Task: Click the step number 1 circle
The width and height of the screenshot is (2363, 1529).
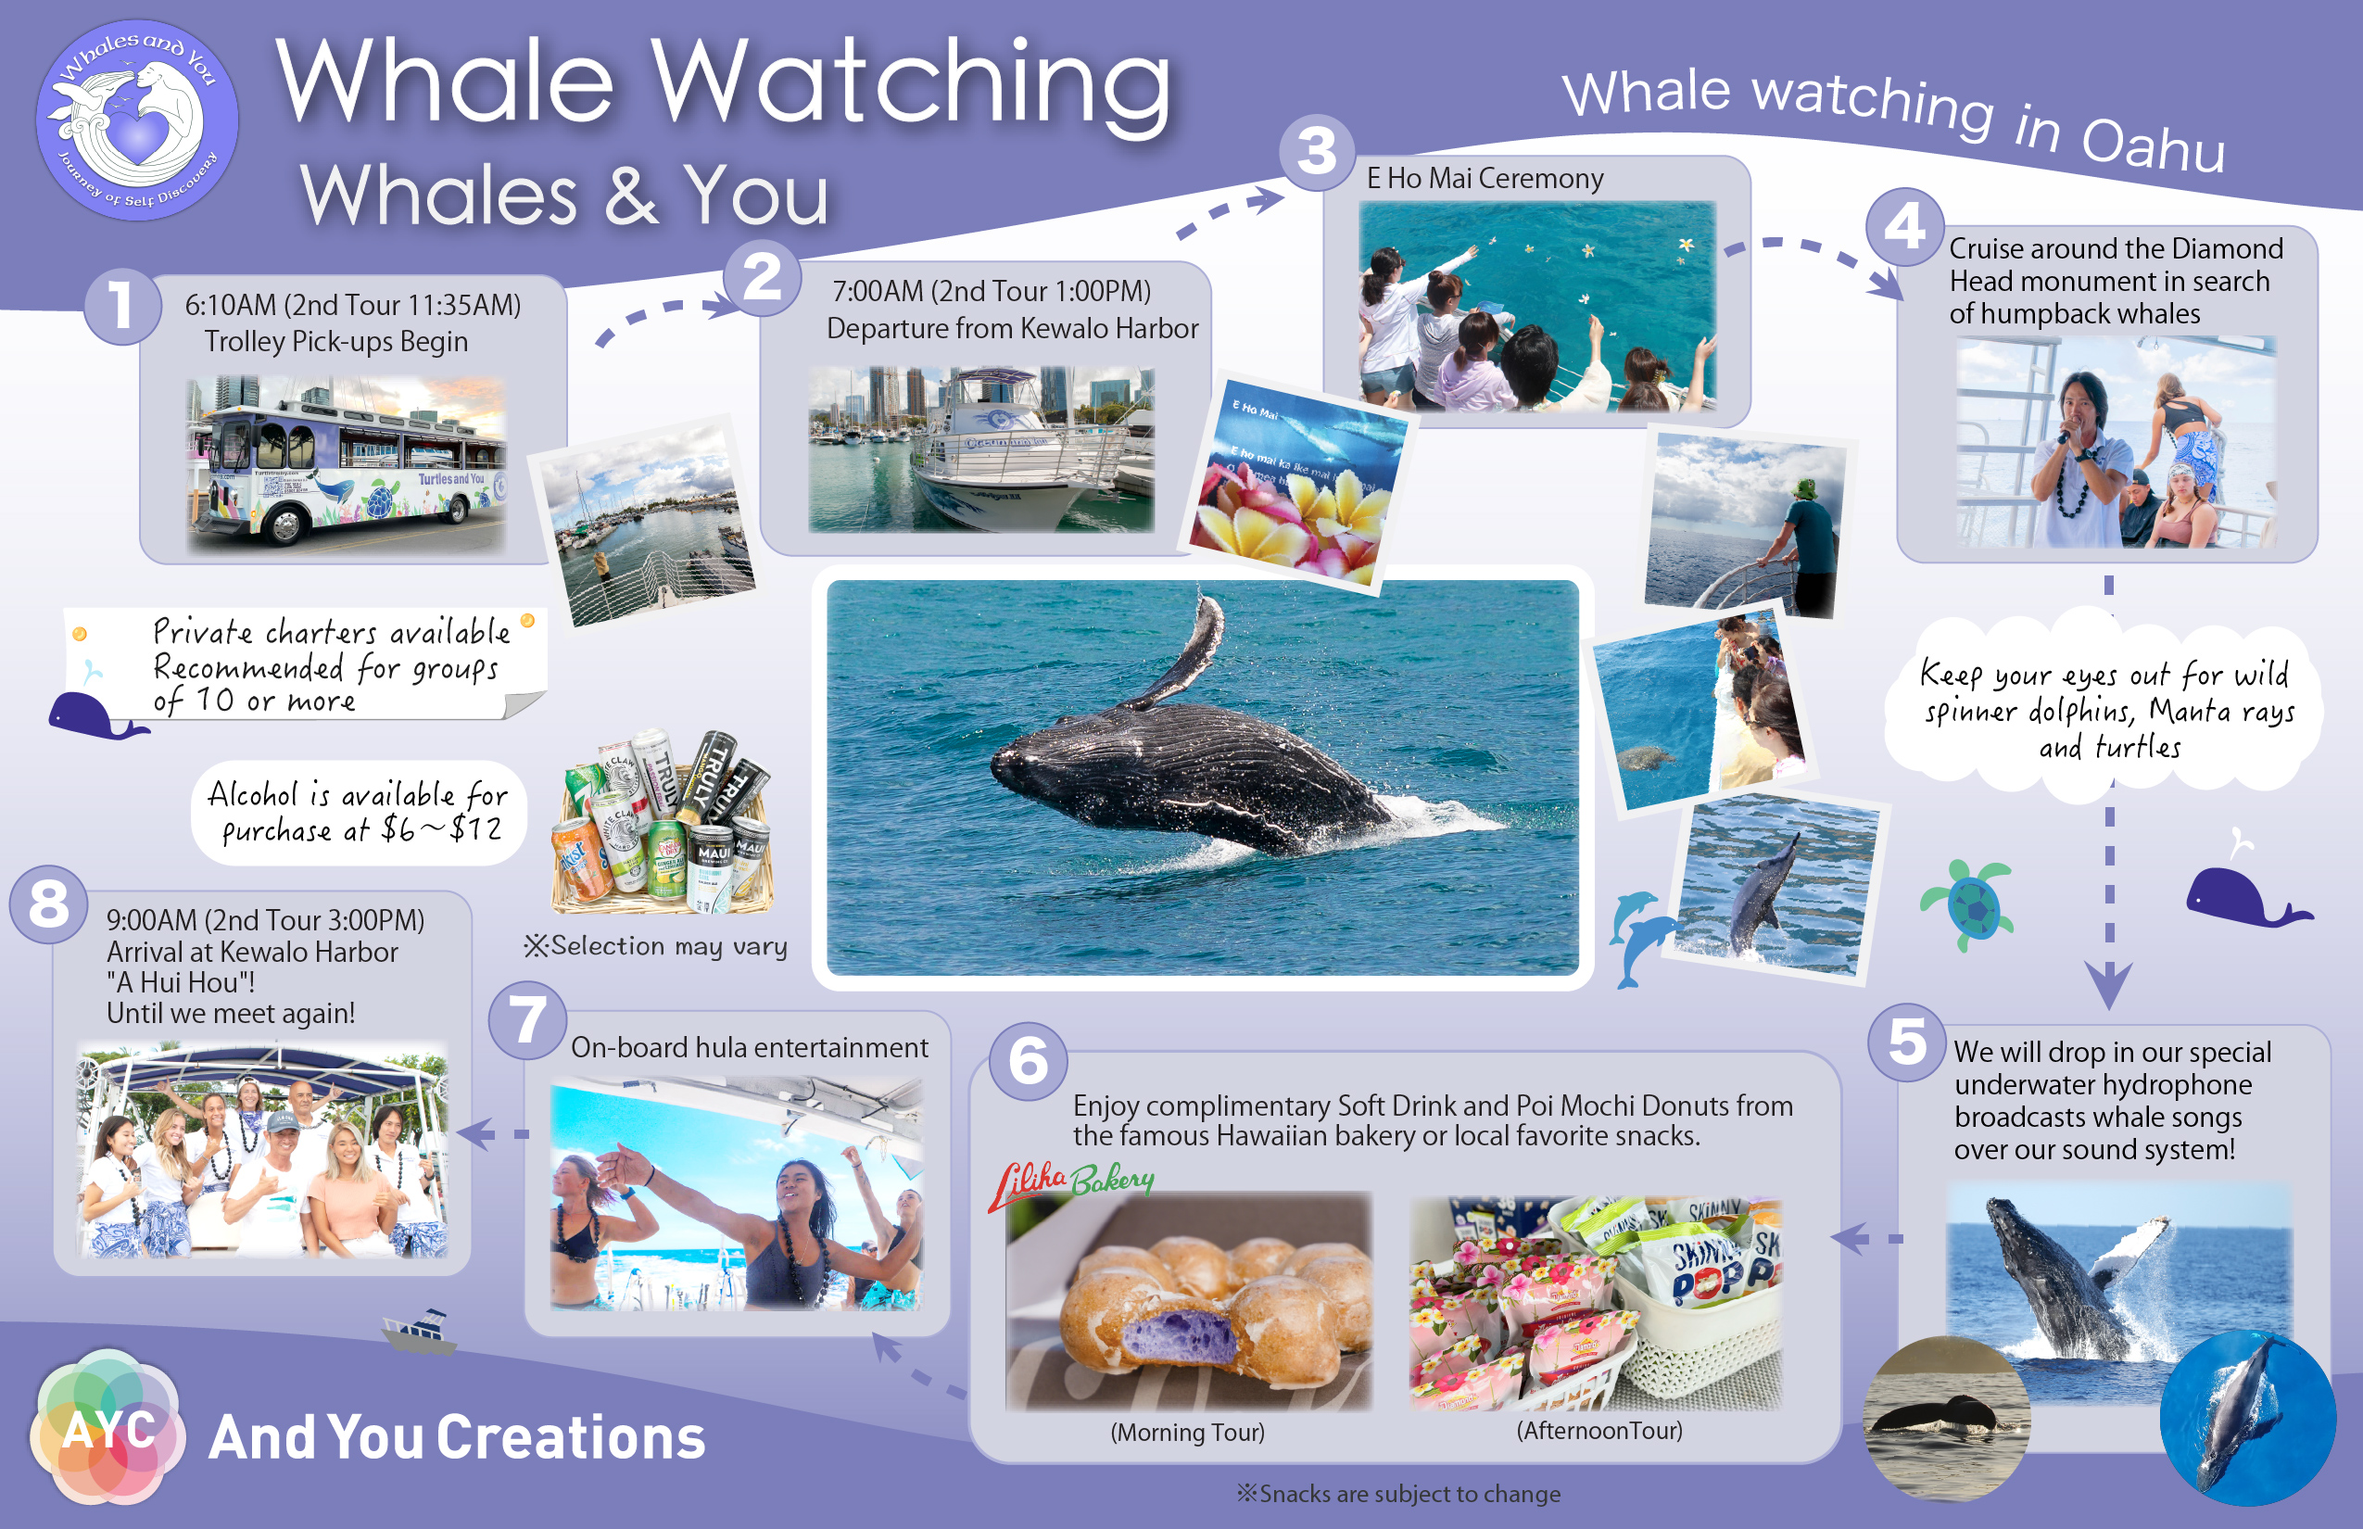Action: (122, 306)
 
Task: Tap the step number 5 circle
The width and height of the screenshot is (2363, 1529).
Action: (1906, 1042)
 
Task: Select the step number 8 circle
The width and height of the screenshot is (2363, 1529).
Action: (48, 904)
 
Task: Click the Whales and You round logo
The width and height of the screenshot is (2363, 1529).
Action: (137, 120)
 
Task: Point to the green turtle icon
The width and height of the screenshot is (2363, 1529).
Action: (1968, 903)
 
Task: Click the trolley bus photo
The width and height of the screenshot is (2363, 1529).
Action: (347, 463)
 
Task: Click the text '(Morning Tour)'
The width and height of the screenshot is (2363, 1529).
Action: (1187, 1432)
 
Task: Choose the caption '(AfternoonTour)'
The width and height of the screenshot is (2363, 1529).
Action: (1598, 1430)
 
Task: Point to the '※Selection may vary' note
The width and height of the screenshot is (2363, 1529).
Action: (655, 946)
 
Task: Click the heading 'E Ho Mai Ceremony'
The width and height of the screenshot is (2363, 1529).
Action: (1485, 179)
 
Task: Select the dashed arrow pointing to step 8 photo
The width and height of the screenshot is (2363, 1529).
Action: (492, 1134)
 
